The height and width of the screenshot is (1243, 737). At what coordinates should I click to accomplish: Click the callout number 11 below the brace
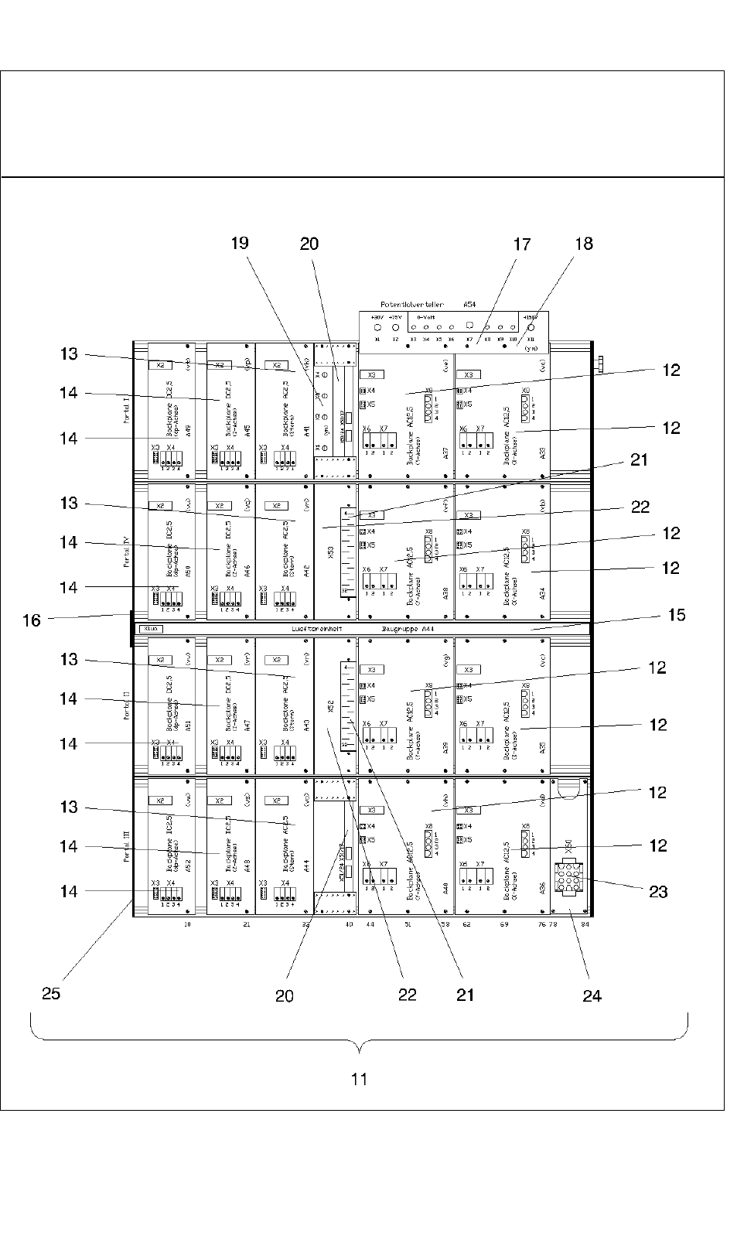tap(359, 1078)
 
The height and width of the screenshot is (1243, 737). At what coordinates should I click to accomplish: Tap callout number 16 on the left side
tap(32, 620)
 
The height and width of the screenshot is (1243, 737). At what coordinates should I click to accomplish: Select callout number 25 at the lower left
tap(51, 993)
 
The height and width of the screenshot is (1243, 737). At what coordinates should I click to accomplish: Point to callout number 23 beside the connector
tap(658, 891)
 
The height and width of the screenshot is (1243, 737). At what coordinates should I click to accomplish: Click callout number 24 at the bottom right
tap(592, 995)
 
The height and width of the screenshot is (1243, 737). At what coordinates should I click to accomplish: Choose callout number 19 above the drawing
tap(240, 243)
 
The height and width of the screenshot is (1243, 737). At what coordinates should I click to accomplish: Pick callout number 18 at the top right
tap(584, 243)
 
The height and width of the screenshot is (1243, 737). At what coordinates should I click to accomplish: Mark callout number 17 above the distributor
tap(522, 244)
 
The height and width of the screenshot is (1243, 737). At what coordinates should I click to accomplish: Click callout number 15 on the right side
tap(677, 615)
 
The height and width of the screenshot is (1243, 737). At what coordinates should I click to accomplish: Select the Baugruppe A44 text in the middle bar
tap(408, 629)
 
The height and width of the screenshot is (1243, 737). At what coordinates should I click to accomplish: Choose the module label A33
tap(542, 453)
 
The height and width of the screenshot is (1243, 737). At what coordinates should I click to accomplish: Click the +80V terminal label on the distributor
tap(377, 317)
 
